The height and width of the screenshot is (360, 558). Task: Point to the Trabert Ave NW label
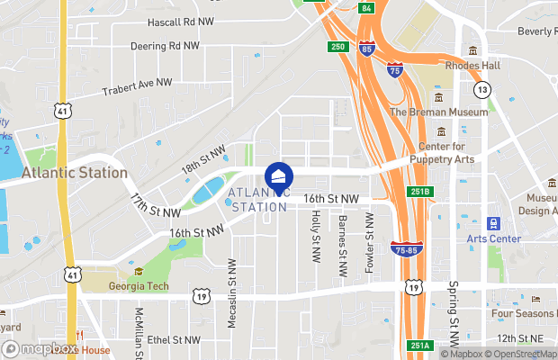(137, 86)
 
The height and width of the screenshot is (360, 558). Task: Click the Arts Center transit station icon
(493, 222)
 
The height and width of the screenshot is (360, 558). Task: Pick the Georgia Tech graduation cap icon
(139, 271)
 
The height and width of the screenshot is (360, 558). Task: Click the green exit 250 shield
(337, 46)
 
